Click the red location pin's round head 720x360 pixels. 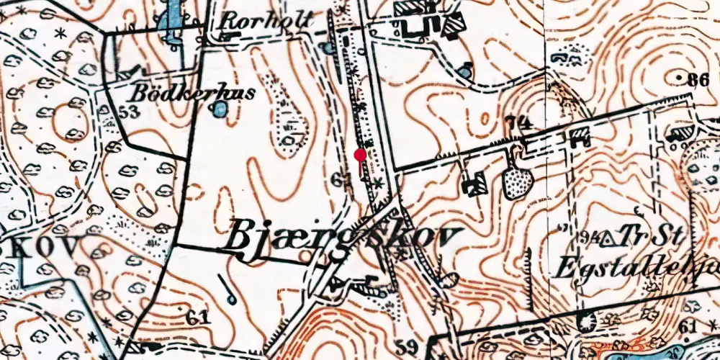[x=360, y=154]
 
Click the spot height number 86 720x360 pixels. [x=698, y=81]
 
